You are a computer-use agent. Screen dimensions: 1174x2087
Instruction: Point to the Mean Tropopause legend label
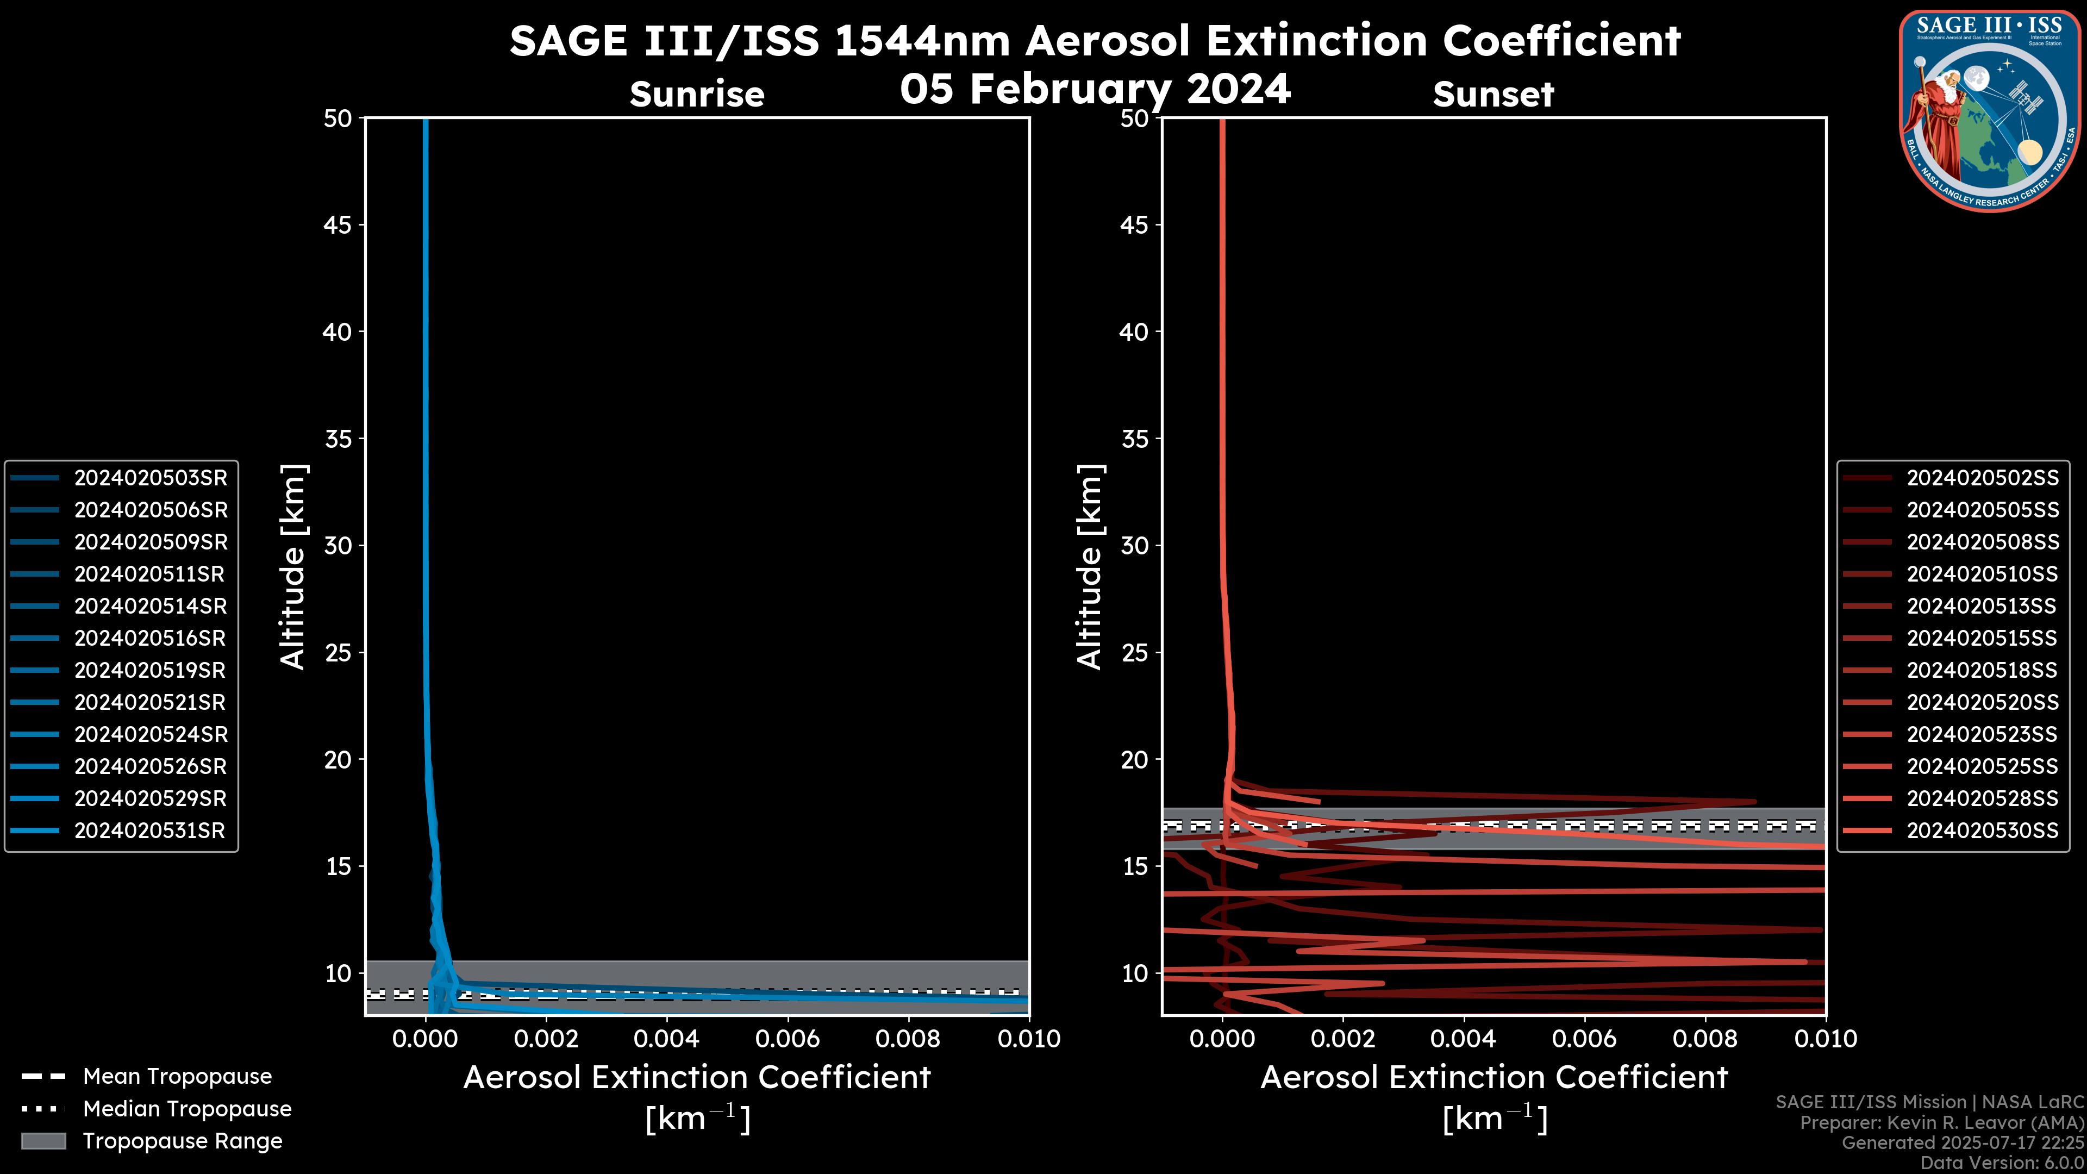pyautogui.click(x=177, y=1076)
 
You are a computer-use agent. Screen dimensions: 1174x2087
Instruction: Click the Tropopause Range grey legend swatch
pyautogui.click(x=43, y=1141)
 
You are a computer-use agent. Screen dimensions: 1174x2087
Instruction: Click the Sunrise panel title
pyautogui.click(x=697, y=94)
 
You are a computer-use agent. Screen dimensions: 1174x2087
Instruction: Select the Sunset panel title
pyautogui.click(x=1493, y=94)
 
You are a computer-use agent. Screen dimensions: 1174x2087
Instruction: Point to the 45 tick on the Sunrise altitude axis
pyautogui.click(x=338, y=224)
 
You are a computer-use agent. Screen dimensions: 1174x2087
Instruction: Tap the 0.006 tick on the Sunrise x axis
pyautogui.click(x=788, y=1039)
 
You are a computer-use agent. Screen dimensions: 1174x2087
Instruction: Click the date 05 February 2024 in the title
pyautogui.click(x=1095, y=88)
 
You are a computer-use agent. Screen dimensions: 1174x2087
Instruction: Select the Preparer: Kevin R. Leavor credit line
pyautogui.click(x=1941, y=1123)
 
